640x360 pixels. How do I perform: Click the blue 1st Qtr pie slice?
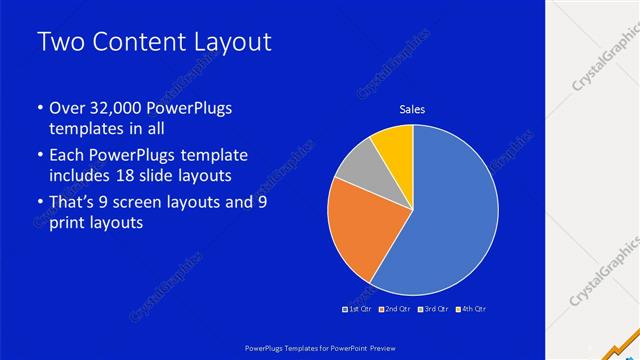(x=445, y=220)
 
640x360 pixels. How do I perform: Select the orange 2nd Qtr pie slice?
(x=360, y=230)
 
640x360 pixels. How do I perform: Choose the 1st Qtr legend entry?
(x=358, y=309)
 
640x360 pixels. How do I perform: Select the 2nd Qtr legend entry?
(x=395, y=309)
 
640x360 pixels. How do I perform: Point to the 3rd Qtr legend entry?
(x=433, y=309)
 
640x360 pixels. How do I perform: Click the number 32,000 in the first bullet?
(x=117, y=107)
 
